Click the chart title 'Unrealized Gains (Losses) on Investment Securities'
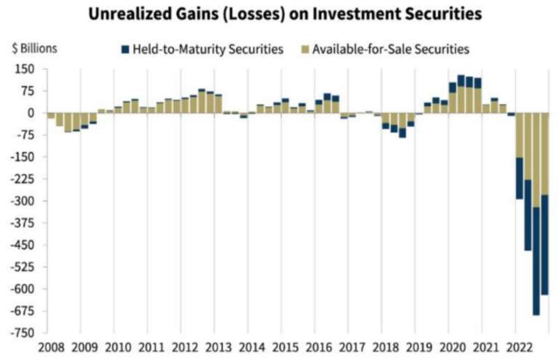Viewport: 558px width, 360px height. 278,14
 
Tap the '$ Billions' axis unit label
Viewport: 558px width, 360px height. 34,49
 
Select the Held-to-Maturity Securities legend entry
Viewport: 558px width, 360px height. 202,50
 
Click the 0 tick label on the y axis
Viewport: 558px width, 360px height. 31,113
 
